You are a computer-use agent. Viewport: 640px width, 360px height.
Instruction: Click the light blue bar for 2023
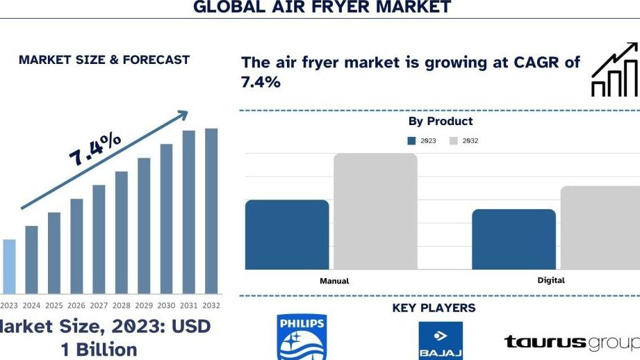(x=9, y=267)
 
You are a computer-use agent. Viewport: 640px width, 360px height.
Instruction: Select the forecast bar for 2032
(x=211, y=211)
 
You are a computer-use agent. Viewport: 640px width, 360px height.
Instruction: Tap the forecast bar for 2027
(x=99, y=239)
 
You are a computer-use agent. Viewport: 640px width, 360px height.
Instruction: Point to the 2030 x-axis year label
(x=166, y=305)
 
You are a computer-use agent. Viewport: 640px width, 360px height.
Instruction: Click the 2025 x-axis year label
(x=54, y=305)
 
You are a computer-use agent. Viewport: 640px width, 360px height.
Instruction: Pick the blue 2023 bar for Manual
(x=287, y=235)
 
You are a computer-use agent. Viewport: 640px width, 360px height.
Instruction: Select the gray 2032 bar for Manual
(x=375, y=211)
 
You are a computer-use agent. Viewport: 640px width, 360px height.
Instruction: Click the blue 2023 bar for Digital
(x=514, y=239)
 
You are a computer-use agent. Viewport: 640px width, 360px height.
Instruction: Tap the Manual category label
(x=334, y=281)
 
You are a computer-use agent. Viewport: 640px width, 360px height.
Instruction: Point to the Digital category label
(x=551, y=280)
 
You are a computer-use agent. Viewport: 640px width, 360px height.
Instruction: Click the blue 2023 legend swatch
(x=411, y=141)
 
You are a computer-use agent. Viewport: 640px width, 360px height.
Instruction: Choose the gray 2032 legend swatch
(x=454, y=141)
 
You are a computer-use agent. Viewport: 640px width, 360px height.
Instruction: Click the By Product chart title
(x=441, y=121)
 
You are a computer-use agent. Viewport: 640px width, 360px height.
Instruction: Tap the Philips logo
(x=302, y=337)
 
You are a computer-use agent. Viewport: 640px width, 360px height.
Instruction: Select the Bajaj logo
(x=441, y=341)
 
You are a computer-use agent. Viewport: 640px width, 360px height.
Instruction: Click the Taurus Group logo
(x=572, y=342)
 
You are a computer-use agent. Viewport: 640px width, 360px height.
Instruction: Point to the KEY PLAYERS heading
(x=434, y=308)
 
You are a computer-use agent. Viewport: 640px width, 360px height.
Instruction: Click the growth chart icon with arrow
(x=615, y=69)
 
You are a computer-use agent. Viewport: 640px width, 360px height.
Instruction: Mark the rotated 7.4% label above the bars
(x=95, y=149)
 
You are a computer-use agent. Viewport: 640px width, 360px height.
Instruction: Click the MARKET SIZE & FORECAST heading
(x=104, y=60)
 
